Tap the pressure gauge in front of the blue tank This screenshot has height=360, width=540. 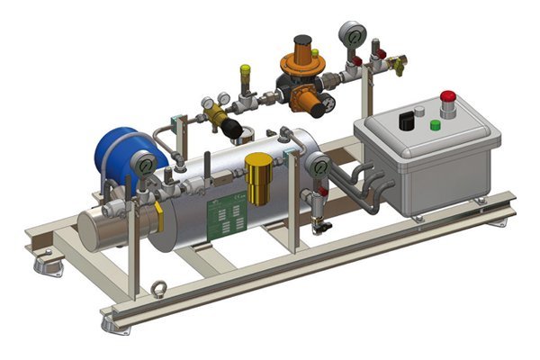(x=142, y=166)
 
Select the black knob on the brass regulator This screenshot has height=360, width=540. (x=230, y=126)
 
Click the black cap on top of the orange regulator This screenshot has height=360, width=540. (x=304, y=41)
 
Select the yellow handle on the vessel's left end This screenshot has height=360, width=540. (x=159, y=216)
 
